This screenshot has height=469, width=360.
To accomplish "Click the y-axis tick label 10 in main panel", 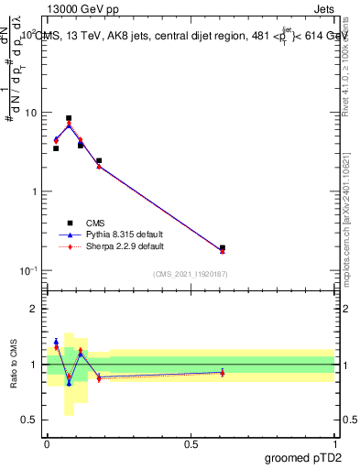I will (x=31, y=113).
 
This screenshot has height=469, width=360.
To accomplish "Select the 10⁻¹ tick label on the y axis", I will (x=29, y=270).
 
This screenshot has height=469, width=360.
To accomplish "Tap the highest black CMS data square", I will (x=69, y=118).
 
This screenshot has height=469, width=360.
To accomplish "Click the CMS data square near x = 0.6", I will (x=223, y=247).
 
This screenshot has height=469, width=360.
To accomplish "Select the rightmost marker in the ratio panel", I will (x=223, y=373).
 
